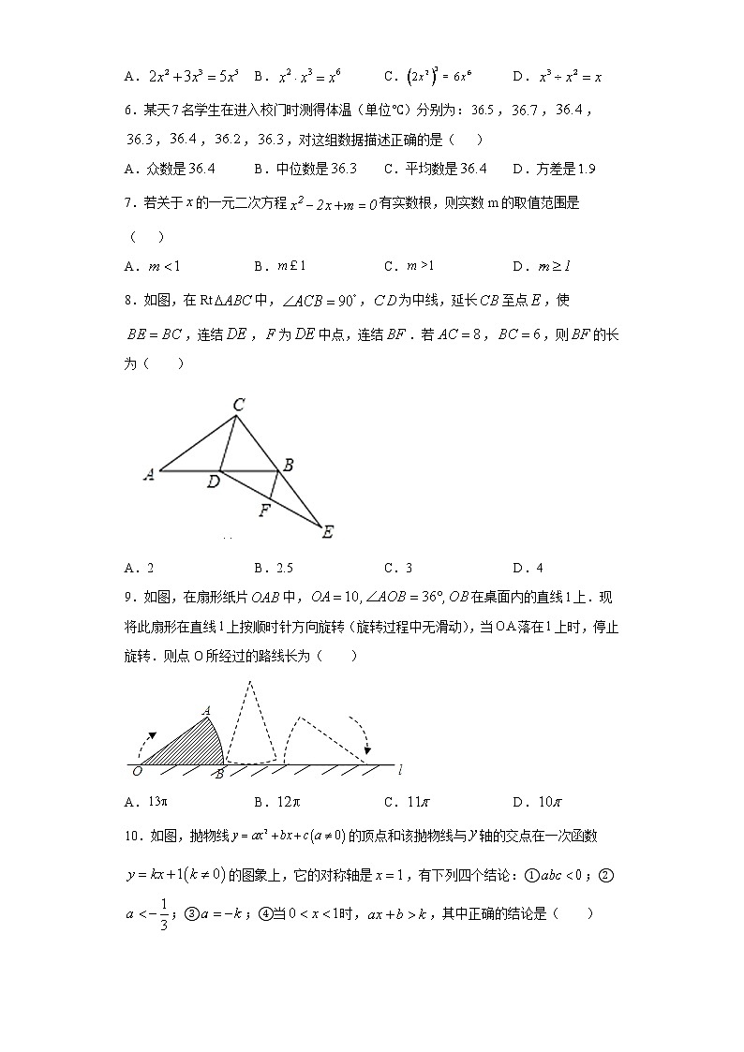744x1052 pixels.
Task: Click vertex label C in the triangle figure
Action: pyautogui.click(x=239, y=405)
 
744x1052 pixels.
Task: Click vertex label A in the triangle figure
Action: pyautogui.click(x=148, y=475)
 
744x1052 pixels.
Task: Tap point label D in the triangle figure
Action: pyautogui.click(x=215, y=482)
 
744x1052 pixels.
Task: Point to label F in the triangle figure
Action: pyautogui.click(x=264, y=511)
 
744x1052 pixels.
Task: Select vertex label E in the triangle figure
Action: pyautogui.click(x=327, y=532)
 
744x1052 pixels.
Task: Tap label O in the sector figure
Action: pyautogui.click(x=138, y=771)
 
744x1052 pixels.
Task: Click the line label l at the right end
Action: pyautogui.click(x=400, y=770)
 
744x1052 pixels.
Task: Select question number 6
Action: pyautogui.click(x=130, y=111)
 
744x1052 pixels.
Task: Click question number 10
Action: pyautogui.click(x=133, y=836)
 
